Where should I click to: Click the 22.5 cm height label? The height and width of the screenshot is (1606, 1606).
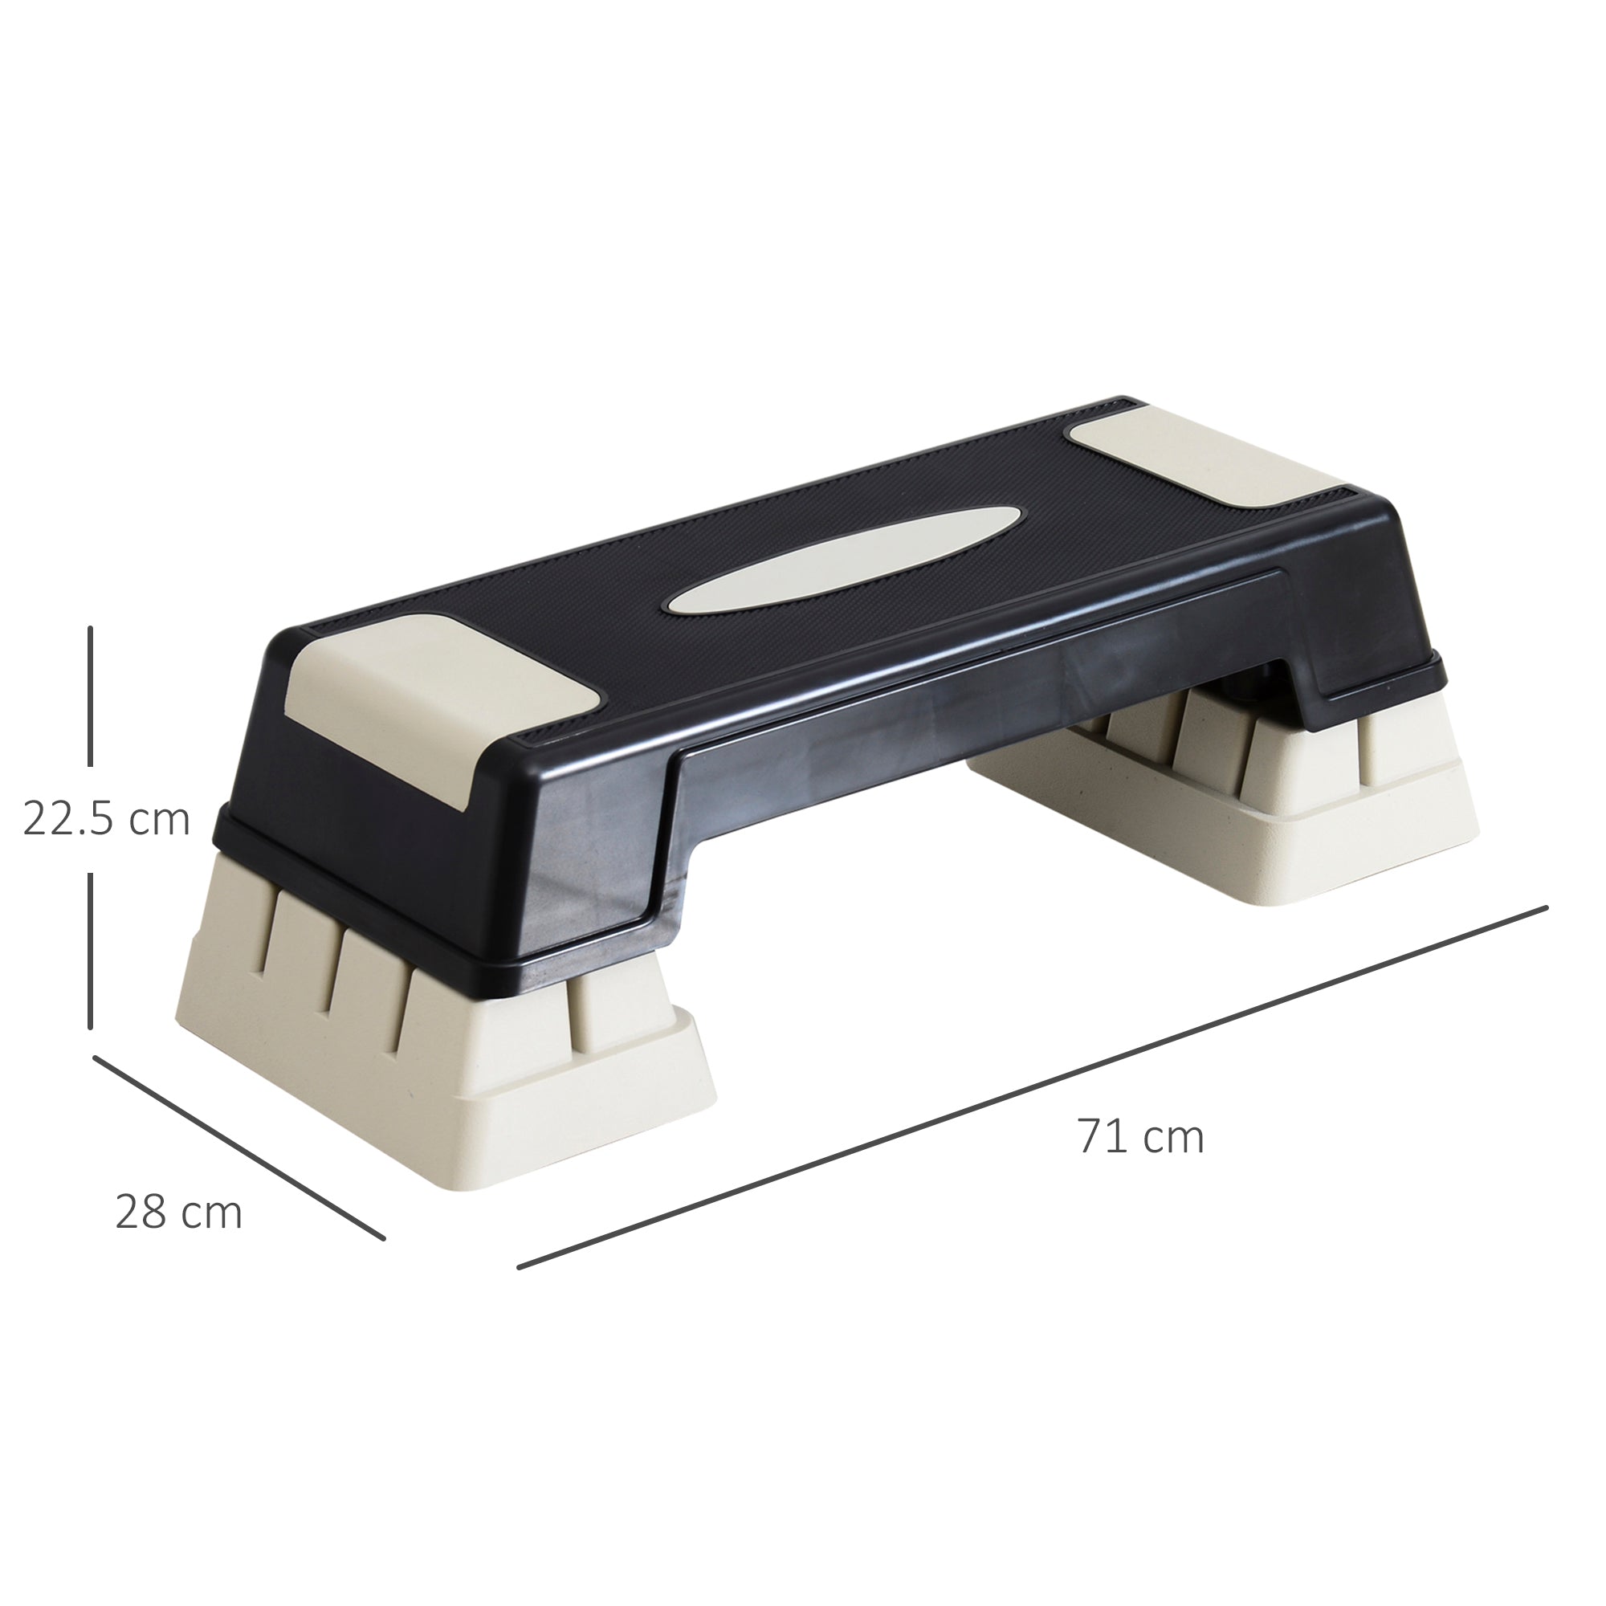click(107, 819)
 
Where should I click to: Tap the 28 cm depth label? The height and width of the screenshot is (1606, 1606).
click(179, 1212)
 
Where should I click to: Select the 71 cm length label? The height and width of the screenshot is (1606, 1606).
click(1140, 1136)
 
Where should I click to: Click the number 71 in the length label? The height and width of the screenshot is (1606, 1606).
click(1103, 1136)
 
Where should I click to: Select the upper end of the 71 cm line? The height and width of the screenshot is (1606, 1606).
click(1544, 907)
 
